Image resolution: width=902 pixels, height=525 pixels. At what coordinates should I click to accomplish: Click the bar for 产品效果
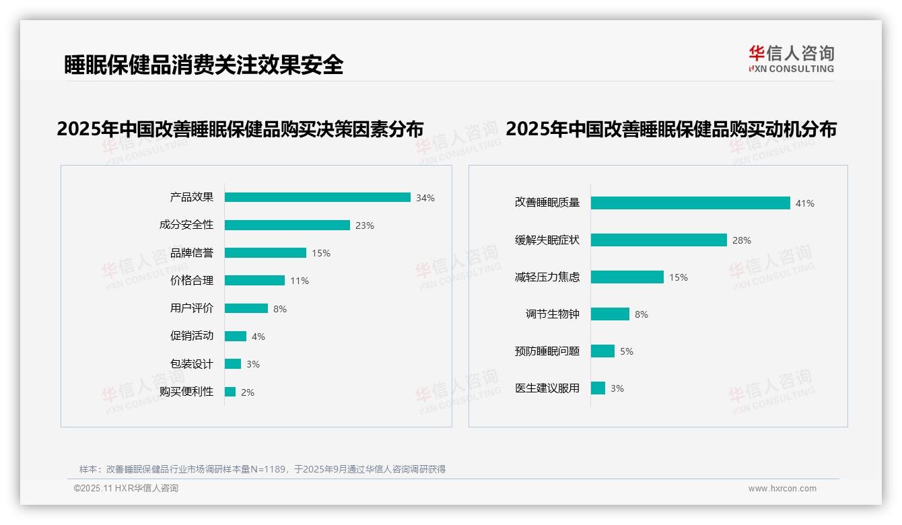[317, 197]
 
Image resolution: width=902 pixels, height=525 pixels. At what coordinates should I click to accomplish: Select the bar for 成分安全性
[287, 225]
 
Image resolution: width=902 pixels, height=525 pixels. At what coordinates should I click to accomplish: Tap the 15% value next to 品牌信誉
[320, 253]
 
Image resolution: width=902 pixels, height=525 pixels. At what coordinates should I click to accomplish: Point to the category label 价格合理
[191, 281]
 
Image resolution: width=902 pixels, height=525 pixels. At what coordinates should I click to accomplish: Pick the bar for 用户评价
[246, 308]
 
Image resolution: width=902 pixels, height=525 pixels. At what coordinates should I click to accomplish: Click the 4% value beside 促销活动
[258, 337]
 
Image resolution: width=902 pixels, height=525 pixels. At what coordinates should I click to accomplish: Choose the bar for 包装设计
[232, 364]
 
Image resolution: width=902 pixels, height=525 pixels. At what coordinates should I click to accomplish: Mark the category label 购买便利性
[186, 392]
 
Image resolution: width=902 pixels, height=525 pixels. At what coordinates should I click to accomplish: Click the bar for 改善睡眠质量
[690, 203]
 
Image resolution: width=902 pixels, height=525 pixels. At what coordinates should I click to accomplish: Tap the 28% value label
[742, 240]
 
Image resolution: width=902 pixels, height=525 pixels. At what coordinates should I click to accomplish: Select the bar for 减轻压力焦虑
[627, 277]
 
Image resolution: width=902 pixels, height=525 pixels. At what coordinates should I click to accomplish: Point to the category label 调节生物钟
[552, 314]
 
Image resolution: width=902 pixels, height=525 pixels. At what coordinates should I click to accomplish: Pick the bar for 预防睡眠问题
[602, 351]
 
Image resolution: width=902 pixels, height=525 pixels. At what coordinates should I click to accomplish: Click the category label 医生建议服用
[547, 388]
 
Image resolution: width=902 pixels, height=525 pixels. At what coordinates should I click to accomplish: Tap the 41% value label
[805, 203]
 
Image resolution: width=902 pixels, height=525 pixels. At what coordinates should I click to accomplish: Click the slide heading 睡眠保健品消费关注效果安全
[203, 65]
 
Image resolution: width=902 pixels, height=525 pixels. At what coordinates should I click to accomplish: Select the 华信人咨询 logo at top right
[791, 59]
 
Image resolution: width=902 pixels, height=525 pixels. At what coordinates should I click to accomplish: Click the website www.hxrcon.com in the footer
[782, 489]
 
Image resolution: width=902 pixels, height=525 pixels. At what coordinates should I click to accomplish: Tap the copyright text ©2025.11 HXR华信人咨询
[126, 489]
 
